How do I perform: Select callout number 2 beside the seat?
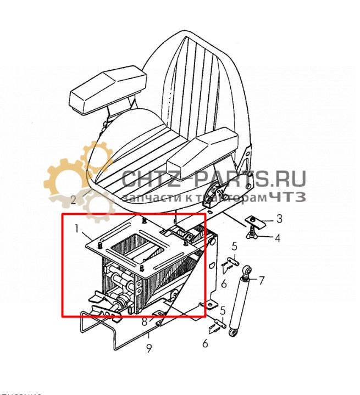pos(73,199)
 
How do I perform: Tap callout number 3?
pos(279,219)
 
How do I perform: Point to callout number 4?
pos(278,238)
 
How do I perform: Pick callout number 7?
pos(261,281)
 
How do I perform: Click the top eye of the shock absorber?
pos(248,271)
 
